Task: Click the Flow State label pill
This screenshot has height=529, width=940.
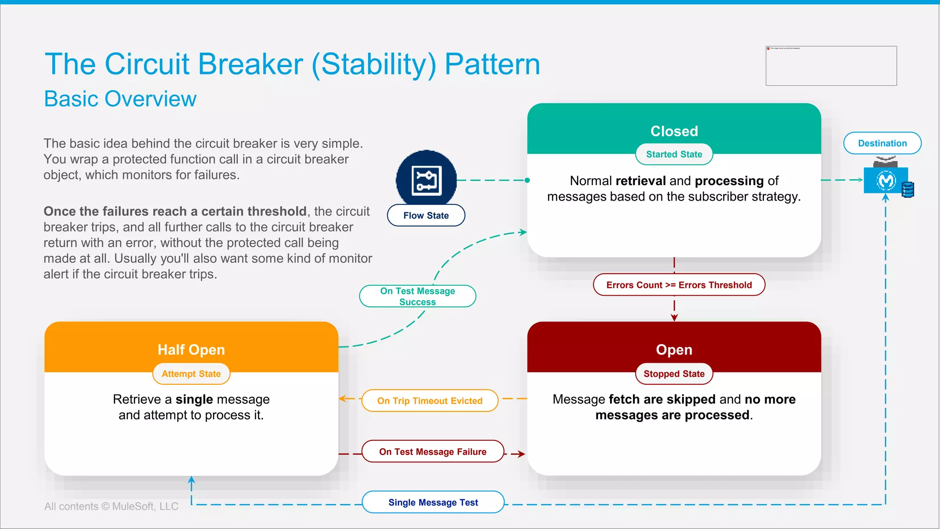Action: [x=426, y=215]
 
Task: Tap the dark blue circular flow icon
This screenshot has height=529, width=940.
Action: [x=426, y=179]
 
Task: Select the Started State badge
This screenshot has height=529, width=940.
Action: [x=674, y=154]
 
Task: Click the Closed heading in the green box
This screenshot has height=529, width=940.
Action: [x=674, y=131]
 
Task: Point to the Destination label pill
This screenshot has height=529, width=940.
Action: [x=882, y=143]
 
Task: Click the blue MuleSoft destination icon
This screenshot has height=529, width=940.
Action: [x=886, y=180]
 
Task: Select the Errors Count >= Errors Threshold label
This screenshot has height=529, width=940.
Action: [x=679, y=285]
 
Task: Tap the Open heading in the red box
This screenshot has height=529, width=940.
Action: [x=674, y=350]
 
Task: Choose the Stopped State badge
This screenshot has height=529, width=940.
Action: [x=674, y=374]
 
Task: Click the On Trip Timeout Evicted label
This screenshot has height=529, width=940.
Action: [x=430, y=401]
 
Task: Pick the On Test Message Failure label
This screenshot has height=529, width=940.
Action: [x=432, y=452]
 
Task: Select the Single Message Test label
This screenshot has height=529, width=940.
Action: [x=433, y=502]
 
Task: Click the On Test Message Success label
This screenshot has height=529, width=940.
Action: [x=417, y=296]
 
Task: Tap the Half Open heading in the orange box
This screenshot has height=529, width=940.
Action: [x=191, y=350]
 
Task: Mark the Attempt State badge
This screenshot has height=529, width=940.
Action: [x=191, y=374]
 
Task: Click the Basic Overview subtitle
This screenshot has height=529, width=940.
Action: [x=120, y=99]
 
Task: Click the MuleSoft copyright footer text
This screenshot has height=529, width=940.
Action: [x=111, y=506]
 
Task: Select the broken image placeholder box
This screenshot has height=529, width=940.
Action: [x=831, y=66]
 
